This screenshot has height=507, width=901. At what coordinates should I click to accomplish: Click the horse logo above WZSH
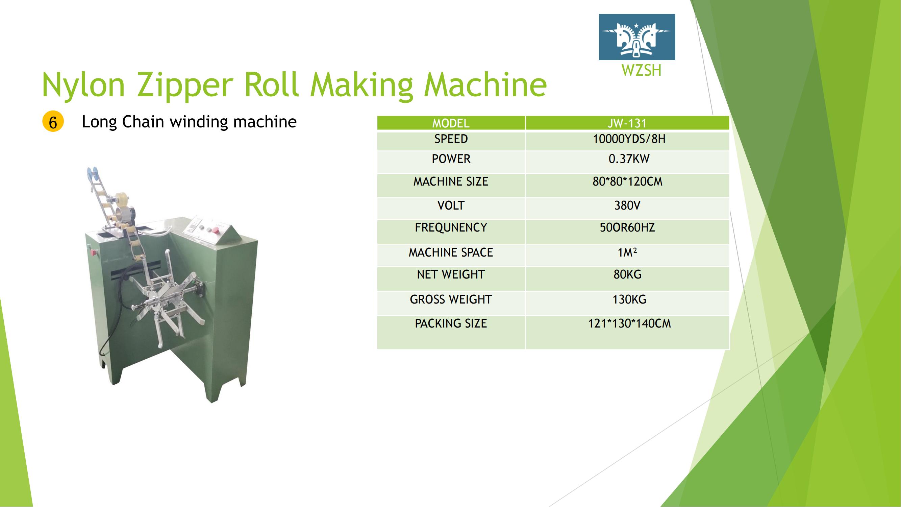pyautogui.click(x=637, y=37)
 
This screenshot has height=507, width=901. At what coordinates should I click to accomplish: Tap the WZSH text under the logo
pyautogui.click(x=642, y=70)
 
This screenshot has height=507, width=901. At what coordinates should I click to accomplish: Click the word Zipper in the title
pyautogui.click(x=185, y=85)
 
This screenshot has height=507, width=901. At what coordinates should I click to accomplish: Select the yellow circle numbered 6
pyautogui.click(x=53, y=122)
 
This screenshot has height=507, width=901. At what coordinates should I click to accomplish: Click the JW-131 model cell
pyautogui.click(x=627, y=123)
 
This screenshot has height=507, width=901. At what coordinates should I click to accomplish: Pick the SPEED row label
pyautogui.click(x=451, y=139)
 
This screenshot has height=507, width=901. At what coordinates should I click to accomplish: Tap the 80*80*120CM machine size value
pyautogui.click(x=627, y=182)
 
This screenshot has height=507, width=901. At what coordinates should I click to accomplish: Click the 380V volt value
pyautogui.click(x=627, y=206)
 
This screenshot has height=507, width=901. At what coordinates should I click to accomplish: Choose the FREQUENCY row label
pyautogui.click(x=451, y=227)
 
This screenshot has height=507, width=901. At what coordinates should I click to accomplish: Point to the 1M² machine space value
pyautogui.click(x=627, y=252)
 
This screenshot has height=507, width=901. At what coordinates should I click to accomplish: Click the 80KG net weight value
pyautogui.click(x=627, y=274)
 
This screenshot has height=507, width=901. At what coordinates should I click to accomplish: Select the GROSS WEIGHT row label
pyautogui.click(x=451, y=299)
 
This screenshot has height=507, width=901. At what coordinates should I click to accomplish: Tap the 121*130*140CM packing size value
pyautogui.click(x=629, y=323)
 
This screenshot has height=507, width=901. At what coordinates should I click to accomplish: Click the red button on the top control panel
pyautogui.click(x=216, y=230)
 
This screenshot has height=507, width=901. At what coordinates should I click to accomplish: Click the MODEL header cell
pyautogui.click(x=451, y=123)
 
